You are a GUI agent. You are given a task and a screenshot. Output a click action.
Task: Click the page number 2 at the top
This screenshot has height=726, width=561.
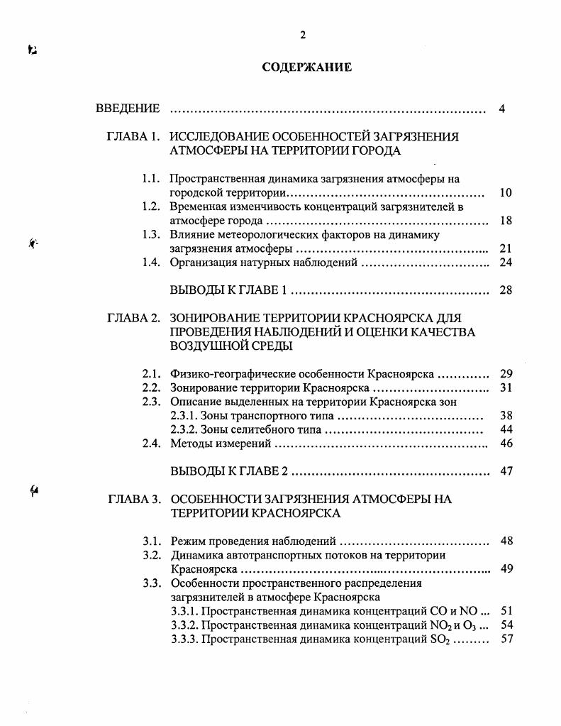(x=302, y=35)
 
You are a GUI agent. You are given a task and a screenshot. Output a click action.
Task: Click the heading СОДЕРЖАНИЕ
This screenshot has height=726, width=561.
(x=306, y=68)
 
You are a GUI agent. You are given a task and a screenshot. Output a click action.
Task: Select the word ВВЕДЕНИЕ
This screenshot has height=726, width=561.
(x=128, y=109)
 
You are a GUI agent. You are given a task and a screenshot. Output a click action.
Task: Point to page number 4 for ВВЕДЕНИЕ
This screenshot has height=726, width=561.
(x=501, y=109)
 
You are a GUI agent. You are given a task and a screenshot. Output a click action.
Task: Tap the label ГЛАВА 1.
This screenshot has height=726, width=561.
(x=133, y=137)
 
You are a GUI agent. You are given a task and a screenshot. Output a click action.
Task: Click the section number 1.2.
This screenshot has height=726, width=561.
(x=150, y=207)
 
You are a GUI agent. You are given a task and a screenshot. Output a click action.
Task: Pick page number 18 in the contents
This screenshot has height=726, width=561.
(x=506, y=221)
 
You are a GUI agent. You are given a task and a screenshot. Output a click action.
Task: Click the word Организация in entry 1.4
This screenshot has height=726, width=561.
(x=204, y=263)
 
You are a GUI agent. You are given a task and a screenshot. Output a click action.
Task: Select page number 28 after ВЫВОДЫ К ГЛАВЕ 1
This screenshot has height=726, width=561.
(x=506, y=290)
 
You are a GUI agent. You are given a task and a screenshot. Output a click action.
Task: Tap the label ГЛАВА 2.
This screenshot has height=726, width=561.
(x=133, y=318)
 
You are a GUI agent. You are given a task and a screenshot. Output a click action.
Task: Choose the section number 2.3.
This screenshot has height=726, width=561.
(x=150, y=402)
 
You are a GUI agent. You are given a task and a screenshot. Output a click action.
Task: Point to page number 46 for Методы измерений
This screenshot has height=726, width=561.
(x=506, y=444)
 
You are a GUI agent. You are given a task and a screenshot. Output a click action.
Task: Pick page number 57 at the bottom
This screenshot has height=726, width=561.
(x=506, y=639)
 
